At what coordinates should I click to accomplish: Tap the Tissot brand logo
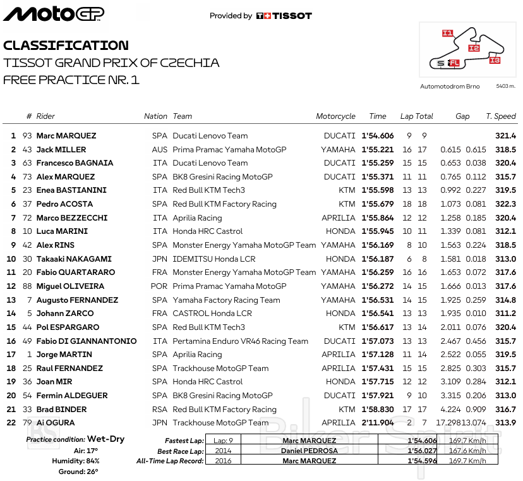point(284,16)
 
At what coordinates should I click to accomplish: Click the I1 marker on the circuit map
point(447,33)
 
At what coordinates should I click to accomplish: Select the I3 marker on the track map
point(494,60)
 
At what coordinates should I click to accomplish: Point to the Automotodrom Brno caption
point(450,86)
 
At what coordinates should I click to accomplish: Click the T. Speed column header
point(501,116)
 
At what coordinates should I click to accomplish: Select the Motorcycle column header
point(335,116)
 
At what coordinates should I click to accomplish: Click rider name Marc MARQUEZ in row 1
point(66,136)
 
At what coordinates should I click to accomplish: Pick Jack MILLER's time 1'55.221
point(377,150)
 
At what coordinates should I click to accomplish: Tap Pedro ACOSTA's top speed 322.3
point(505,204)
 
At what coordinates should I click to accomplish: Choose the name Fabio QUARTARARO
point(76,272)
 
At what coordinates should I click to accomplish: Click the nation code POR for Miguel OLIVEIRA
point(159,286)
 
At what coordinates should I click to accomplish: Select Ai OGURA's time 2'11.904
point(377,423)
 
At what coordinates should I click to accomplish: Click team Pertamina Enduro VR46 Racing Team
point(240,341)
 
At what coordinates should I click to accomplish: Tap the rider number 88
point(27,286)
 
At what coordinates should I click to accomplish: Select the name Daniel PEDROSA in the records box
point(309,451)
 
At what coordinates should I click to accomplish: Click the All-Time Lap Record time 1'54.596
point(423,461)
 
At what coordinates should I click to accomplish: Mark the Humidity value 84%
point(92,461)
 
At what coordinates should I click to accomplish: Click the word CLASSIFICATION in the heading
point(66,46)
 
